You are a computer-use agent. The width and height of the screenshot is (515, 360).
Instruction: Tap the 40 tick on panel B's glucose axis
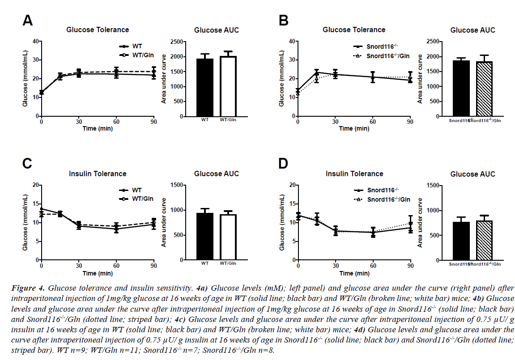tap(290, 42)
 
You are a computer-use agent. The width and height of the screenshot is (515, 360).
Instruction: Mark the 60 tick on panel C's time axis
tap(116, 267)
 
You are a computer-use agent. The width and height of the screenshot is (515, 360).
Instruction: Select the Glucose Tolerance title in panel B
tap(354, 30)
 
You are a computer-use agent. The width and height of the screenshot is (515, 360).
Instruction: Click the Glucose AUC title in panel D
tap(472, 174)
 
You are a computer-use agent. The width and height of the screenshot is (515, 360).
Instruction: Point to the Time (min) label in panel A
tap(97, 128)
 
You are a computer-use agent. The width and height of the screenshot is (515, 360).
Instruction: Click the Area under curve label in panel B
tap(419, 79)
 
